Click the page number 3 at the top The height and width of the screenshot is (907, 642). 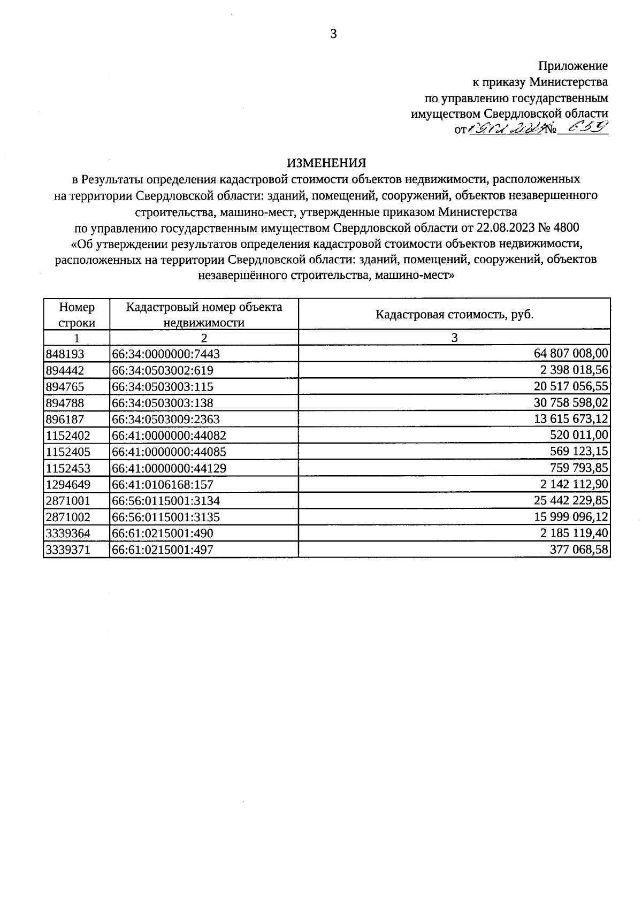click(x=333, y=35)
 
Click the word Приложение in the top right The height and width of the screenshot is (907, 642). click(x=572, y=66)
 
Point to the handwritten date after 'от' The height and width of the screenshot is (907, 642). click(x=506, y=129)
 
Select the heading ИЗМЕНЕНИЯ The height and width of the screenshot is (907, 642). click(x=326, y=163)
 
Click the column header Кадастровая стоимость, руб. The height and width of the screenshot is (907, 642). click(x=454, y=314)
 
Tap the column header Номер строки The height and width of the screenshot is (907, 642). click(x=77, y=315)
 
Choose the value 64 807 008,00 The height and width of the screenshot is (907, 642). click(x=571, y=353)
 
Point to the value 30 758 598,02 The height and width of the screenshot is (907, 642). click(x=571, y=402)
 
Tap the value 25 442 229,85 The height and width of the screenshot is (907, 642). click(x=571, y=500)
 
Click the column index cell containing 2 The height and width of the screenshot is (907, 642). click(x=203, y=338)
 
